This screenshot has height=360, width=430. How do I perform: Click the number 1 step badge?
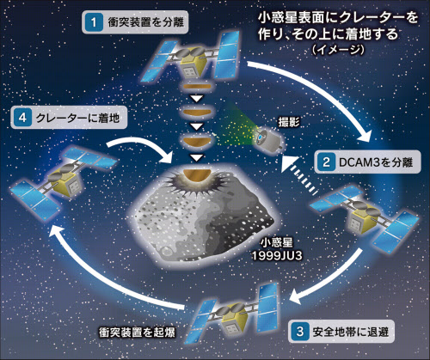pyautogui.click(x=94, y=22)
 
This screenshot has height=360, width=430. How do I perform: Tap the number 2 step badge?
pyautogui.click(x=326, y=162)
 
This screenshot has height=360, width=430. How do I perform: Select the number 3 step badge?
pyautogui.click(x=300, y=332)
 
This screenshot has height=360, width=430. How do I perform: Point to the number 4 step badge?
pyautogui.click(x=22, y=118)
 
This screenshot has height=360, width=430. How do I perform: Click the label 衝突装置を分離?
pyautogui.click(x=145, y=22)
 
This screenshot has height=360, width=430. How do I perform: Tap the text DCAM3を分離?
pyautogui.click(x=376, y=162)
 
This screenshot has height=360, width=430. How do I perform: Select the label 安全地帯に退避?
pyautogui.click(x=350, y=332)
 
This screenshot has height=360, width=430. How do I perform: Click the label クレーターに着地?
pyautogui.click(x=77, y=118)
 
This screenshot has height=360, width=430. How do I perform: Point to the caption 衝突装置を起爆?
pyautogui.click(x=137, y=333)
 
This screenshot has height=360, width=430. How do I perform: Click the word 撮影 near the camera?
pyautogui.click(x=289, y=122)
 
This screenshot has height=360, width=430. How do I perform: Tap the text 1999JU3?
pyautogui.click(x=277, y=256)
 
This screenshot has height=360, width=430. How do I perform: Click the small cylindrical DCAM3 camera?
pyautogui.click(x=269, y=140)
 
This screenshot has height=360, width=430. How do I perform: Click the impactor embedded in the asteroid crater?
pyautogui.click(x=197, y=175)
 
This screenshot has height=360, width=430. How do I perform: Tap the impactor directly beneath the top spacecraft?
pyautogui.click(x=197, y=87)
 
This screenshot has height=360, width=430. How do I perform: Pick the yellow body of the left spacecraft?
pyautogui.click(x=67, y=180)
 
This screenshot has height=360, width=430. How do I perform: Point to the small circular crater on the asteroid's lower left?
pyautogui.click(x=167, y=251)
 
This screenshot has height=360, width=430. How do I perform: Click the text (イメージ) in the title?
pyautogui.click(x=338, y=50)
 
